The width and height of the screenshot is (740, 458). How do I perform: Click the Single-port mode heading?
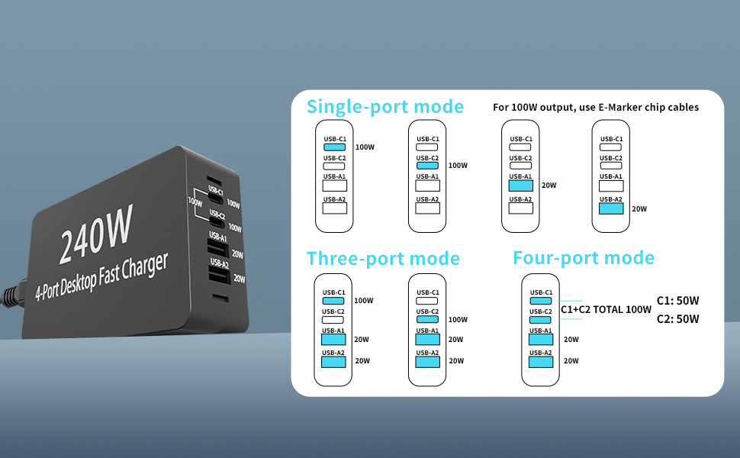(384, 106)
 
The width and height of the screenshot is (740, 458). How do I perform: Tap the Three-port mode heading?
(383, 259)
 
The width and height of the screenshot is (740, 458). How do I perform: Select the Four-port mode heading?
(583, 258)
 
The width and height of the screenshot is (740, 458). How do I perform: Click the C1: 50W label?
(677, 301)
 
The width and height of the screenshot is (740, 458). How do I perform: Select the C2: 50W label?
(677, 319)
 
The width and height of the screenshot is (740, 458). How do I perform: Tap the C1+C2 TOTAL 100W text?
(606, 310)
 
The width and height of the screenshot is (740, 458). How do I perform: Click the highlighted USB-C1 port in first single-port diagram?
(334, 147)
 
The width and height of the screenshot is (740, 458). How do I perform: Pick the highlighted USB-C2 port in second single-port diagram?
(427, 165)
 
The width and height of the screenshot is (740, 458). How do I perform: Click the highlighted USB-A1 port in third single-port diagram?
(520, 185)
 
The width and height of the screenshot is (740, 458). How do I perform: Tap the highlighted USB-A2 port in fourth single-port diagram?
(612, 208)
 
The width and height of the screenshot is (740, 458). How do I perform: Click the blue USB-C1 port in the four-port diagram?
(541, 300)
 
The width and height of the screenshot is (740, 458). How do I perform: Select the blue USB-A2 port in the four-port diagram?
(541, 361)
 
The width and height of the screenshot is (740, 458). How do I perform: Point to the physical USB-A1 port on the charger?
(215, 248)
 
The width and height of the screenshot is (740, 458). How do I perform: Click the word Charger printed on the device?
(146, 263)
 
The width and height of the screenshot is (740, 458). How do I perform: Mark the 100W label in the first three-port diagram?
(364, 301)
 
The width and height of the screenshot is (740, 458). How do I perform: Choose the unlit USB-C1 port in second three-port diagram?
(427, 300)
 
